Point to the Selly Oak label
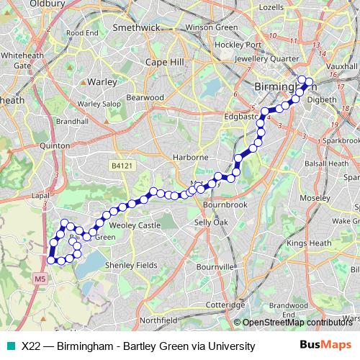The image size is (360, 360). point(212,223)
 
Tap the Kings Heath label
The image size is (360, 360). point(308,245)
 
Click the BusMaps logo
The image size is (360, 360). point(321,346)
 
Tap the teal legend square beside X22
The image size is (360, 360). point(9,346)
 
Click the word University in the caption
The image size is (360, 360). point(230,346)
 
